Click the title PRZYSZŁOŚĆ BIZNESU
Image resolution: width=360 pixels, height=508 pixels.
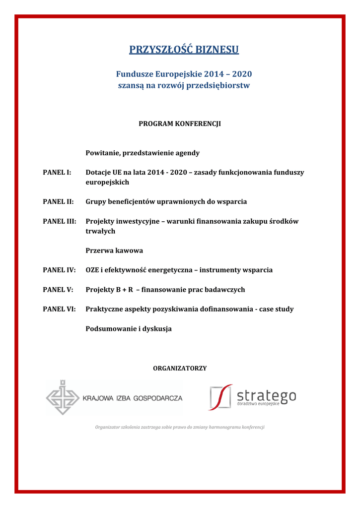[184, 50]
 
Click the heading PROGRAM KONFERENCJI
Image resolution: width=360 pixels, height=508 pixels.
[179, 124]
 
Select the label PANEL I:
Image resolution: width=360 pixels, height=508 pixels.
[57, 173]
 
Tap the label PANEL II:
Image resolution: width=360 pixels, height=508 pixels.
[58, 202]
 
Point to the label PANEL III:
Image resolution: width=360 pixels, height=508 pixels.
[60, 222]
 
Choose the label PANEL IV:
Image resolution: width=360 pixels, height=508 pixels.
[59, 270]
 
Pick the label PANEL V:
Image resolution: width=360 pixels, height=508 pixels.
[58, 290]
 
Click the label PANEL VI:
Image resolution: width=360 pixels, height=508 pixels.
[59, 309]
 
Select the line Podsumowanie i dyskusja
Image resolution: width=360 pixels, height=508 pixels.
[129, 328]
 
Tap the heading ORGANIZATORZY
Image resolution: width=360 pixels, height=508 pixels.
[180, 368]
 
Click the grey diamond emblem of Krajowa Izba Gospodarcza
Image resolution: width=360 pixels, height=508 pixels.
[63, 397]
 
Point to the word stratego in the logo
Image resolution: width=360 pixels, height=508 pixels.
[266, 395]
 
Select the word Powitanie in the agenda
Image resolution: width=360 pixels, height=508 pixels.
[103, 153]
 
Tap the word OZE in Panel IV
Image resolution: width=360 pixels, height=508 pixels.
[93, 270]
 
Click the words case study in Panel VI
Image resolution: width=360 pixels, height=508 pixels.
[277, 309]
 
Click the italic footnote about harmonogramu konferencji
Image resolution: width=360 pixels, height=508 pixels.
[180, 427]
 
